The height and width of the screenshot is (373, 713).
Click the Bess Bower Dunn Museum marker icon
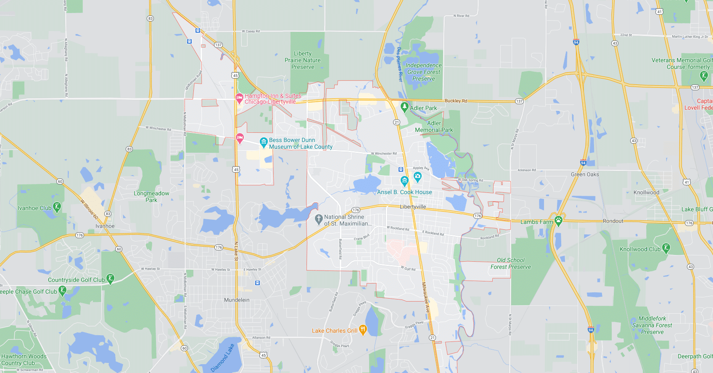pyautogui.click(x=264, y=142)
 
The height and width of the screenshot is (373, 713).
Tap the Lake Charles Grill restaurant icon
pyautogui.click(x=363, y=330)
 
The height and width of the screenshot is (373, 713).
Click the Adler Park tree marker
pyautogui.click(x=404, y=107)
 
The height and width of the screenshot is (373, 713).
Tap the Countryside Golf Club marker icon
pyautogui.click(x=110, y=279)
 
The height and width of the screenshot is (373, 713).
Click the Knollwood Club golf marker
pyautogui.click(x=666, y=248)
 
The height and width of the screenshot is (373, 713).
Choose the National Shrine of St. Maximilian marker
pyautogui.click(x=318, y=218)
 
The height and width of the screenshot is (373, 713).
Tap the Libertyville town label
pyautogui.click(x=413, y=207)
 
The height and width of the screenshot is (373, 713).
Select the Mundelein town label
pyautogui.click(x=237, y=300)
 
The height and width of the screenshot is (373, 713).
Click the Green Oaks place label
pyautogui.click(x=585, y=174)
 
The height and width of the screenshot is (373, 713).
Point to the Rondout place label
pyautogui.click(x=613, y=221)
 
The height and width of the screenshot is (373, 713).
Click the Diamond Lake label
pyautogui.click(x=222, y=358)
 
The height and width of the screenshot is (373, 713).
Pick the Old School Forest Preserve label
pyautogui.click(x=510, y=263)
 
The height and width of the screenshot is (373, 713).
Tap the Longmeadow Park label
pyautogui.click(x=151, y=197)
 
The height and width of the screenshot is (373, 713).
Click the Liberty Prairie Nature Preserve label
pyautogui.click(x=303, y=60)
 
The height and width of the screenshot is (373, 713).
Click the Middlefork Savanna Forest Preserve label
pyautogui.click(x=652, y=325)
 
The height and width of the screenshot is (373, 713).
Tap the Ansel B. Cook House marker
pyautogui.click(x=404, y=181)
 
